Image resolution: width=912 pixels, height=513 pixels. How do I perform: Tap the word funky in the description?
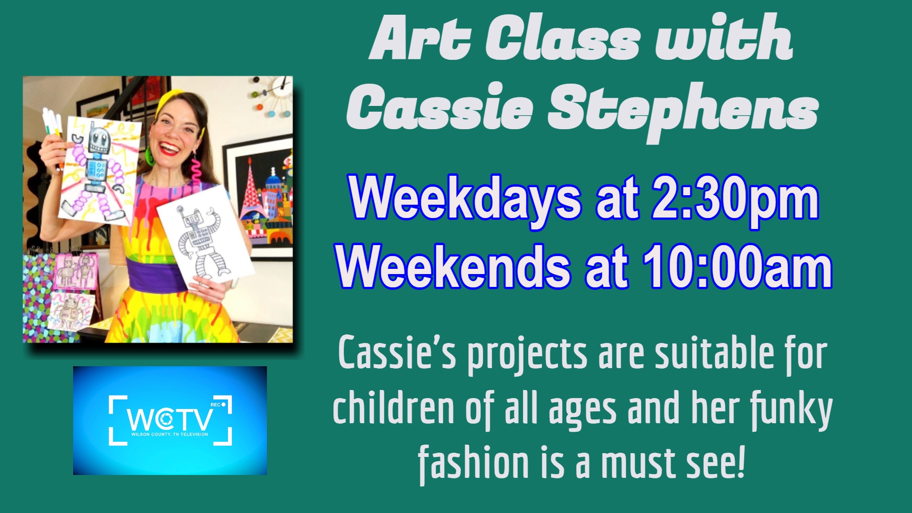tap(791, 409)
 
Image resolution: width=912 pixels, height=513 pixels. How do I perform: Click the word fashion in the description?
tap(473, 463)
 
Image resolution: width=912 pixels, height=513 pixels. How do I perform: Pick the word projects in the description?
tap(527, 355)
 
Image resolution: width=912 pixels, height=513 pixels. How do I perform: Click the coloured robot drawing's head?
tap(99, 138)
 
